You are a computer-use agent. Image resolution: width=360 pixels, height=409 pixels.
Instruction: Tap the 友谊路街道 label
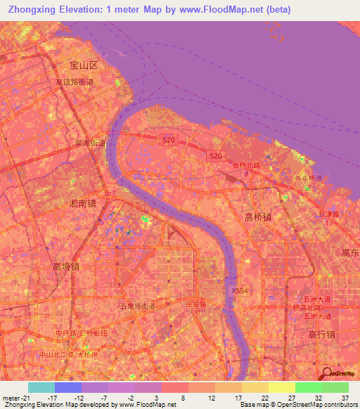tap(75, 82)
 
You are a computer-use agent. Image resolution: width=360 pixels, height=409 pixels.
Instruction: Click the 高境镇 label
tap(65, 266)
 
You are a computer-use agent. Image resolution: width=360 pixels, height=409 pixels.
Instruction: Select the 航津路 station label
tap(329, 214)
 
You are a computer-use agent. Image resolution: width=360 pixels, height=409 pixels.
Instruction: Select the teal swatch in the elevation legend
tap(41, 387)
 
